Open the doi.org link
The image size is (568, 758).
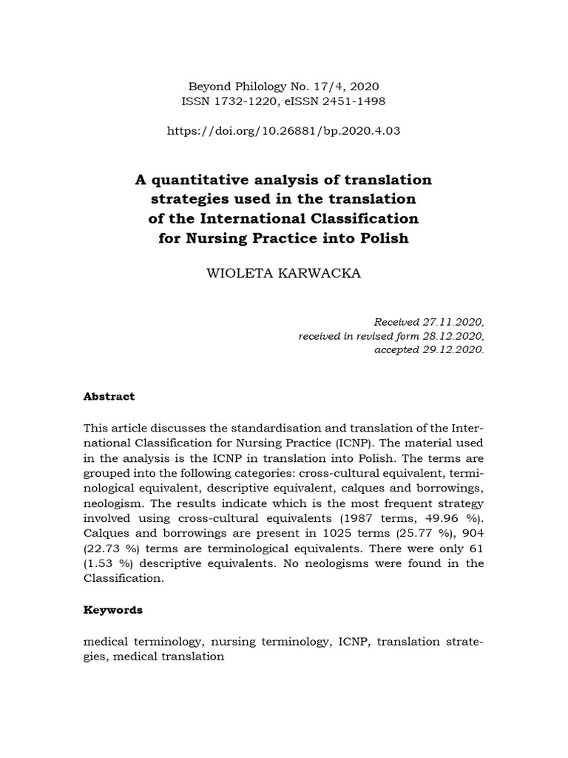click(284, 131)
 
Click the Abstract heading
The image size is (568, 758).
click(109, 396)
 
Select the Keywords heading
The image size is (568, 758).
click(113, 610)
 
